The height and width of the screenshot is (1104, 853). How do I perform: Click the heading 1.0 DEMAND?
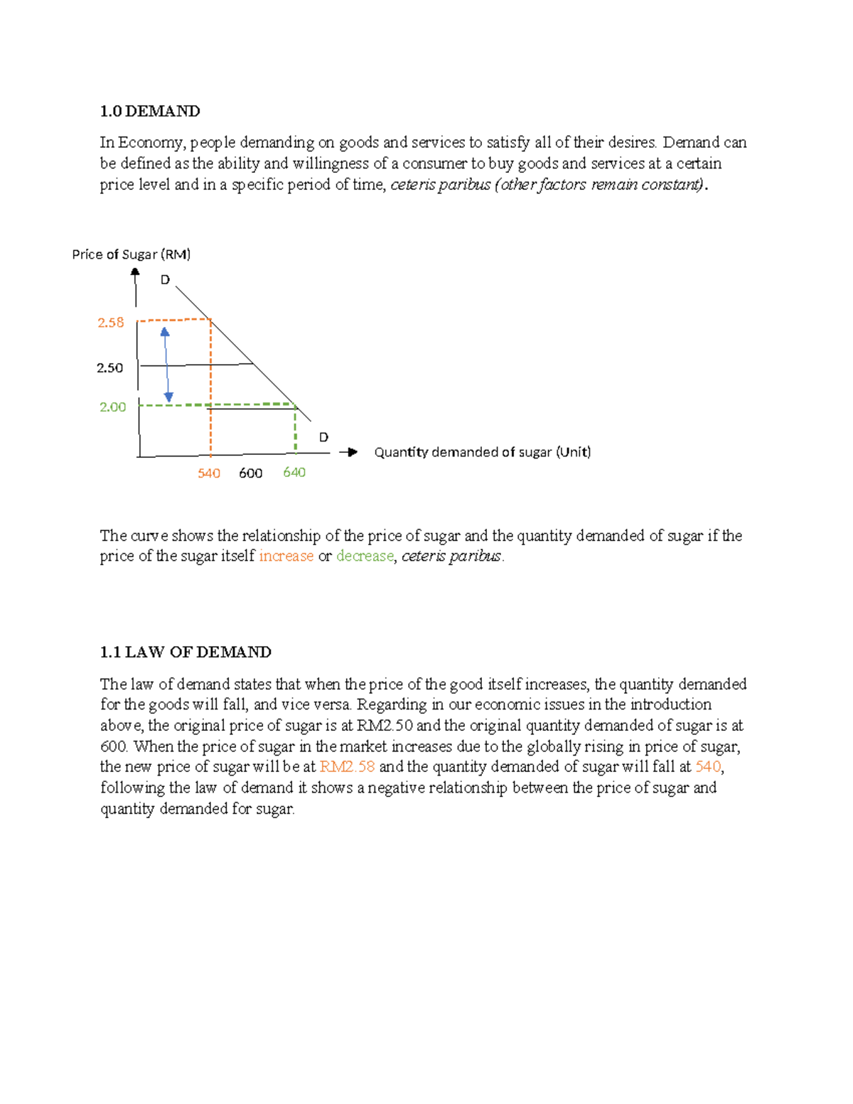click(150, 111)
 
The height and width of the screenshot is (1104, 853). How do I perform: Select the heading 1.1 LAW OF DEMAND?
click(186, 652)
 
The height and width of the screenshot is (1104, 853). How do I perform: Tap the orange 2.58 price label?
click(111, 323)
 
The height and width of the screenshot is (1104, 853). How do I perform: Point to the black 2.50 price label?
click(109, 368)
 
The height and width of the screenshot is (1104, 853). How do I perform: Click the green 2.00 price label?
click(112, 407)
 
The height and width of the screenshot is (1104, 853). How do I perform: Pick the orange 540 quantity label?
click(209, 473)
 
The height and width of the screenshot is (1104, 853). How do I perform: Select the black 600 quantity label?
click(250, 473)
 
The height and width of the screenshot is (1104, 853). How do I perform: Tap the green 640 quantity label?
click(294, 473)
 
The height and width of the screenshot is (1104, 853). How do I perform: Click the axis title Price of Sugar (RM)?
click(132, 254)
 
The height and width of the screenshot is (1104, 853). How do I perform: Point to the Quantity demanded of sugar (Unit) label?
click(483, 452)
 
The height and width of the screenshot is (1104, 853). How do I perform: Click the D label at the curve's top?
click(165, 280)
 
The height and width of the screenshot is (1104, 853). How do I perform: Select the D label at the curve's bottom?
click(323, 437)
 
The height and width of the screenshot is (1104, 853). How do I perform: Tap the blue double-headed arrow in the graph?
click(166, 365)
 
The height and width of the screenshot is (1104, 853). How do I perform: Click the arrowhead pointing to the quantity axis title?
click(351, 452)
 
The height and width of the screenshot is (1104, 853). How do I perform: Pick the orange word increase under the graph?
click(286, 556)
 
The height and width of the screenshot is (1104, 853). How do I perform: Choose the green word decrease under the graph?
click(365, 556)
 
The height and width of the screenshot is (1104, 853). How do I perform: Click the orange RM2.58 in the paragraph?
click(347, 767)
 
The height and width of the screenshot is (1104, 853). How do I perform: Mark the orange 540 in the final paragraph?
click(708, 767)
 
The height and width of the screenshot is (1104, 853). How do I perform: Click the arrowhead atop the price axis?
click(135, 272)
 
